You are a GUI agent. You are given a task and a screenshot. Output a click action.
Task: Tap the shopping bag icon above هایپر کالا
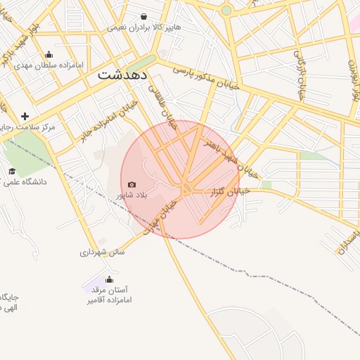(144, 16)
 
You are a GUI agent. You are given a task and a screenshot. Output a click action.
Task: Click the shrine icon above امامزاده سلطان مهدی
(49, 55)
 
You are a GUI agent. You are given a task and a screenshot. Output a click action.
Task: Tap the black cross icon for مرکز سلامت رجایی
(25, 116)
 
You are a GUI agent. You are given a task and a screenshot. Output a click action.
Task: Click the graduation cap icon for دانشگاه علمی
(12, 171)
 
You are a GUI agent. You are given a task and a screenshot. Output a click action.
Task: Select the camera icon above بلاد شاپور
(131, 184)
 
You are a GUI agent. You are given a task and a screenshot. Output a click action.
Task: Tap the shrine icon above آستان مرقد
(109, 280)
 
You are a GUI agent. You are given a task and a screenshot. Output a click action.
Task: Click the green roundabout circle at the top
(226, 11)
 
